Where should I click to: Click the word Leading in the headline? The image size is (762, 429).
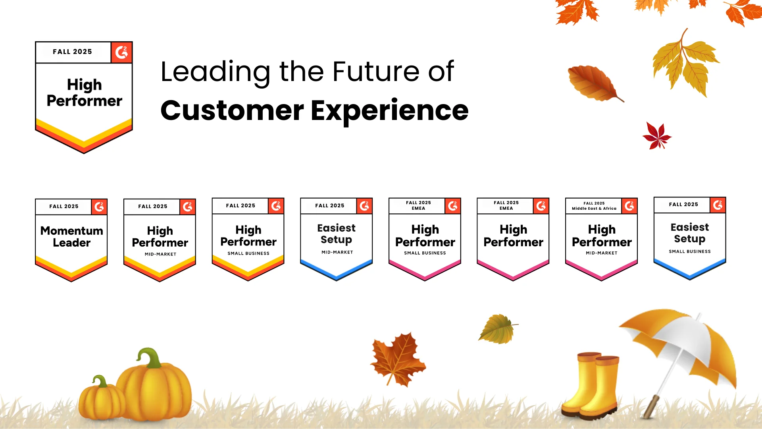215,72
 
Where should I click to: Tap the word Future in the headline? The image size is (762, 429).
375,71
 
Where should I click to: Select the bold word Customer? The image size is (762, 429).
232,110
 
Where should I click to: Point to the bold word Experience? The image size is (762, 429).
389,111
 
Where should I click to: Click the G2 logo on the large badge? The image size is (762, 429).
121,52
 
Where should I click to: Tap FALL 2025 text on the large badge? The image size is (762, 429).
72,52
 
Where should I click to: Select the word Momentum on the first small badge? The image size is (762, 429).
72,231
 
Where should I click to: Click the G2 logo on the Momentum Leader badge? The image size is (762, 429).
99,207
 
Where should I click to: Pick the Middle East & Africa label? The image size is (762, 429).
594,209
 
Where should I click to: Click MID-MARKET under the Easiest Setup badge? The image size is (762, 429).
337,252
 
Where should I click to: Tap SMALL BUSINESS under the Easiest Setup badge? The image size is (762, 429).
690,251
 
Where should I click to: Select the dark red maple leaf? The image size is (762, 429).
657,136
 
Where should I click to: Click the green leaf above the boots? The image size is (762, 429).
498,329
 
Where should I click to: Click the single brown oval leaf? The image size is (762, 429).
593,83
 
